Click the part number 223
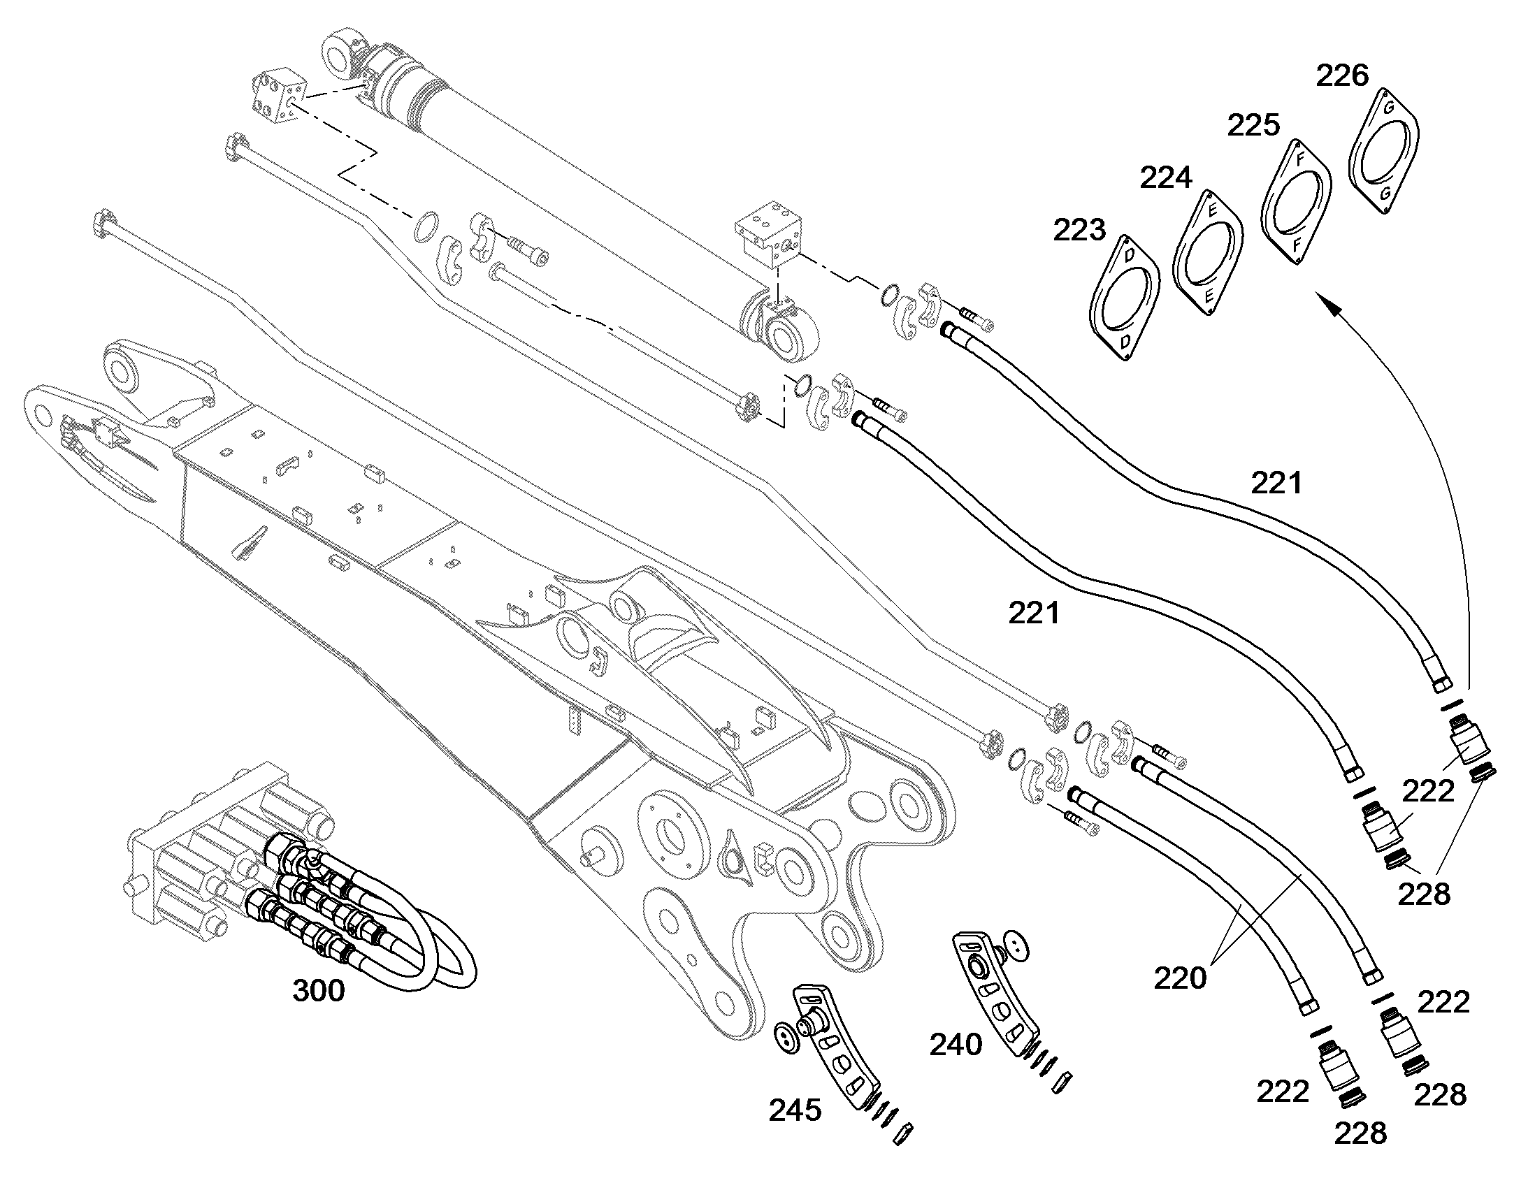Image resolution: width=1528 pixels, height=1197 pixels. pyautogui.click(x=1080, y=230)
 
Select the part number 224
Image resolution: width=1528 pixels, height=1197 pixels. pyautogui.click(x=1167, y=178)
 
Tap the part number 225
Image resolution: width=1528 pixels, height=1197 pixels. pyautogui.click(x=1254, y=126)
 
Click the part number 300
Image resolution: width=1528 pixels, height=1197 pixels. pyautogui.click(x=318, y=991)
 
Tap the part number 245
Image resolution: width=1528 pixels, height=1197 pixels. pyautogui.click(x=795, y=1110)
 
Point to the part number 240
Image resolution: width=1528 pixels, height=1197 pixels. pyautogui.click(x=956, y=1045)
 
